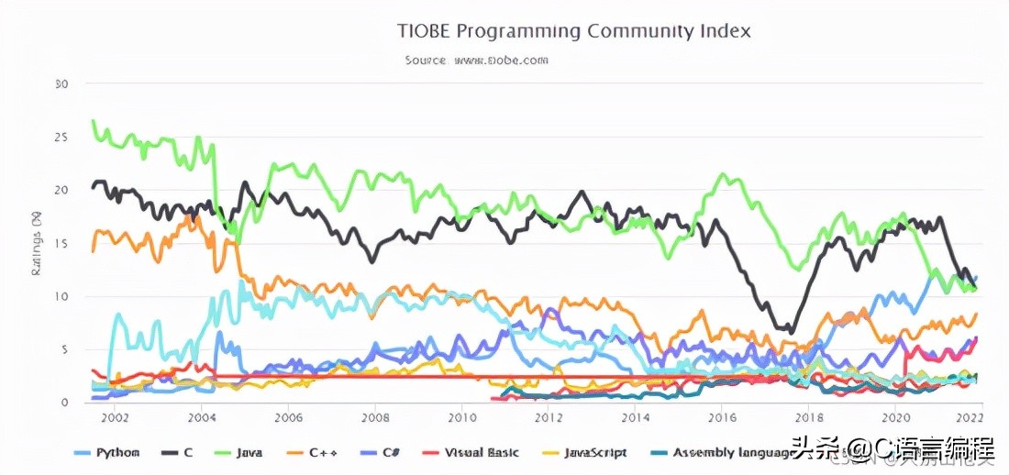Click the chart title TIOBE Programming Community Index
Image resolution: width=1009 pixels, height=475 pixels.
pyautogui.click(x=574, y=30)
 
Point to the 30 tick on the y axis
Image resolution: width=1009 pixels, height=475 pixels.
pyautogui.click(x=62, y=84)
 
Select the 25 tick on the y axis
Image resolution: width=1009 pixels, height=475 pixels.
pyautogui.click(x=62, y=138)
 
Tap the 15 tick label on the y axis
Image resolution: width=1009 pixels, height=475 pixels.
pyautogui.click(x=62, y=243)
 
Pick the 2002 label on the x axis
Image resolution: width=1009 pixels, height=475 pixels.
pyautogui.click(x=115, y=417)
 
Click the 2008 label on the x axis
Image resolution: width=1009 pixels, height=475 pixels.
pyautogui.click(x=374, y=417)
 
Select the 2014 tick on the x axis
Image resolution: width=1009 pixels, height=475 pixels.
pyautogui.click(x=635, y=417)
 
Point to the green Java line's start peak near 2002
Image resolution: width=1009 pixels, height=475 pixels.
pyautogui.click(x=94, y=121)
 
